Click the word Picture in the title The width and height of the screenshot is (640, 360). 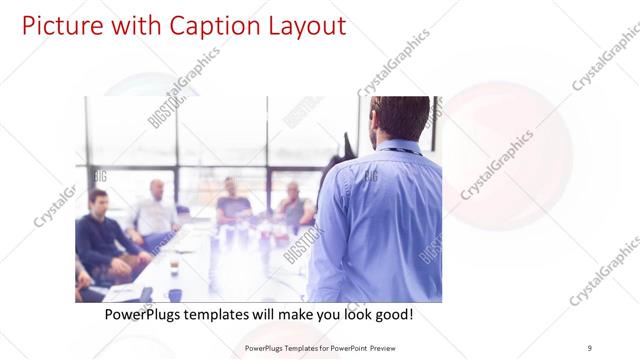(60, 25)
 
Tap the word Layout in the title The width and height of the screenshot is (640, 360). (302, 25)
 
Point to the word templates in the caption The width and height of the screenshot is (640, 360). (225, 315)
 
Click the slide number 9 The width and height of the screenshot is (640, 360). (589, 347)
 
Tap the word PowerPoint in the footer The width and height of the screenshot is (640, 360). (347, 347)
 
